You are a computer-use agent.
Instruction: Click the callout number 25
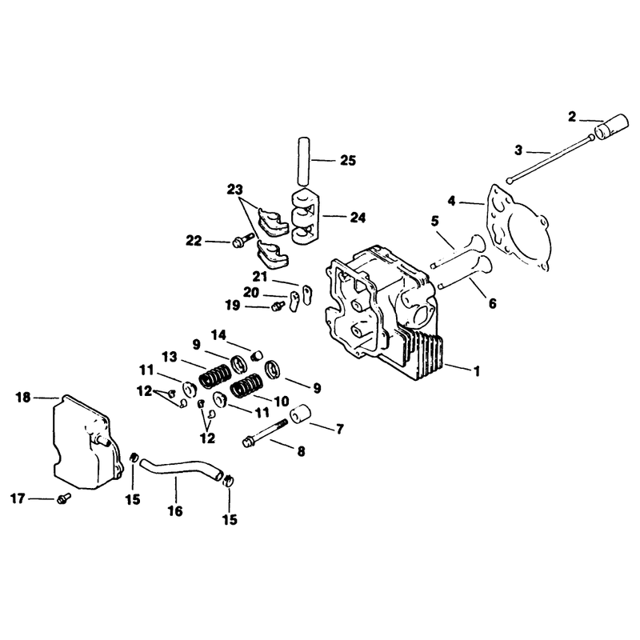(x=348, y=161)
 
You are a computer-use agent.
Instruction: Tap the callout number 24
(x=358, y=218)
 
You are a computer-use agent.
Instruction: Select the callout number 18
(x=23, y=397)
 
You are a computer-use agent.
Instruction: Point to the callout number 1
(x=476, y=371)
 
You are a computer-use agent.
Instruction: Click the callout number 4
(x=451, y=202)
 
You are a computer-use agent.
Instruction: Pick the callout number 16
(x=175, y=510)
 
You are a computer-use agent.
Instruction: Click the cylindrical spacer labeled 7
(x=301, y=414)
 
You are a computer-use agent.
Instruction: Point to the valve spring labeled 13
(x=214, y=375)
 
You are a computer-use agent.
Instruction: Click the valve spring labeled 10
(x=246, y=386)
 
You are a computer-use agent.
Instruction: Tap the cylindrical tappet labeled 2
(x=610, y=126)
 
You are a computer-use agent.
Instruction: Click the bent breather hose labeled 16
(x=182, y=468)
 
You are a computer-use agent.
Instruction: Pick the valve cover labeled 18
(x=87, y=443)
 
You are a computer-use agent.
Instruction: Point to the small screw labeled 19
(x=278, y=306)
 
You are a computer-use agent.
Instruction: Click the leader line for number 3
(x=538, y=152)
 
